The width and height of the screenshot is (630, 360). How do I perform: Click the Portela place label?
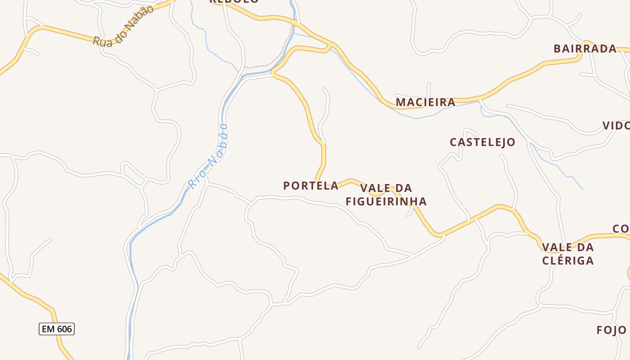[311, 185]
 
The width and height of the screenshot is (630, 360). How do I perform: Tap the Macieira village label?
[425, 102]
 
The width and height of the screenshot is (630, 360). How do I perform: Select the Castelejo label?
[482, 142]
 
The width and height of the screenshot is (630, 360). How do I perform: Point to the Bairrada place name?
[585, 49]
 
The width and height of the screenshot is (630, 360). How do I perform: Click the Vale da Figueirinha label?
[386, 194]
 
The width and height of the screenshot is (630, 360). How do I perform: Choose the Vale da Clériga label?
[568, 254]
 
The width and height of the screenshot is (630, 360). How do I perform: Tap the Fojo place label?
[611, 330]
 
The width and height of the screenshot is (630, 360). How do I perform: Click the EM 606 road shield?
[57, 329]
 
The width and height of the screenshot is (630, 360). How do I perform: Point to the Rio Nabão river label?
[208, 156]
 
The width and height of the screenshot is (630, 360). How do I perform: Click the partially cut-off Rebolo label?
[234, 1]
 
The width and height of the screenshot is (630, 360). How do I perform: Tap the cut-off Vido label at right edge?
[616, 126]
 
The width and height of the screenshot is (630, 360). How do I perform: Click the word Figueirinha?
[386, 201]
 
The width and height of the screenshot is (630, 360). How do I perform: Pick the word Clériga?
[568, 261]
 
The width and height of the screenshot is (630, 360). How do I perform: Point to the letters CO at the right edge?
[621, 229]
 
